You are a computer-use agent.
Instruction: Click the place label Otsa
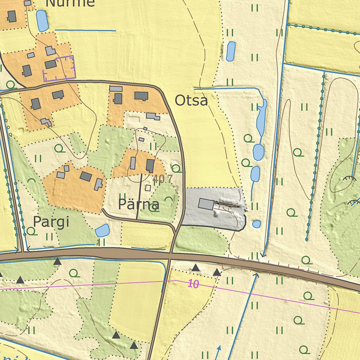pyautogui.click(x=191, y=101)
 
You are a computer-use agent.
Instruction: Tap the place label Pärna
pyautogui.click(x=139, y=204)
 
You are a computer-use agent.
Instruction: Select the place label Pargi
pyautogui.click(x=51, y=222)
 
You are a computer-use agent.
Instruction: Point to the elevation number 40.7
pyautogui.click(x=163, y=179)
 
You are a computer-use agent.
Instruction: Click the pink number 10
pyautogui.click(x=193, y=284)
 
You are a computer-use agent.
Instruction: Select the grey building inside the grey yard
pyautogui.click(x=206, y=204)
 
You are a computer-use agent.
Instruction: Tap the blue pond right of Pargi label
pyautogui.click(x=102, y=231)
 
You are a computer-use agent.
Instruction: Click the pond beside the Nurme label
pyautogui.click(x=42, y=21)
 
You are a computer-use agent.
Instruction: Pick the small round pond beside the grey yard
pyautogui.click(x=257, y=224)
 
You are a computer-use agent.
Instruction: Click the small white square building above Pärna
pyautogui.click(x=148, y=188)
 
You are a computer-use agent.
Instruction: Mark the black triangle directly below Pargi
pyautogui.click(x=57, y=261)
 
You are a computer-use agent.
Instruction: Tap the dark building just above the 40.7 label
pyautogui.click(x=150, y=166)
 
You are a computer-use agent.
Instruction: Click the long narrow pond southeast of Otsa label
pyautogui.click(x=262, y=118)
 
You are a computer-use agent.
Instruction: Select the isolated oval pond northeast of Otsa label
pyautogui.click(x=231, y=51)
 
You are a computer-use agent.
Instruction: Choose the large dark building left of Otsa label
pyautogui.click(x=141, y=96)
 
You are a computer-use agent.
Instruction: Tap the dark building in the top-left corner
pyautogui.click(x=12, y=16)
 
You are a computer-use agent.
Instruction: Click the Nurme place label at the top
pyautogui.click(x=70, y=3)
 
